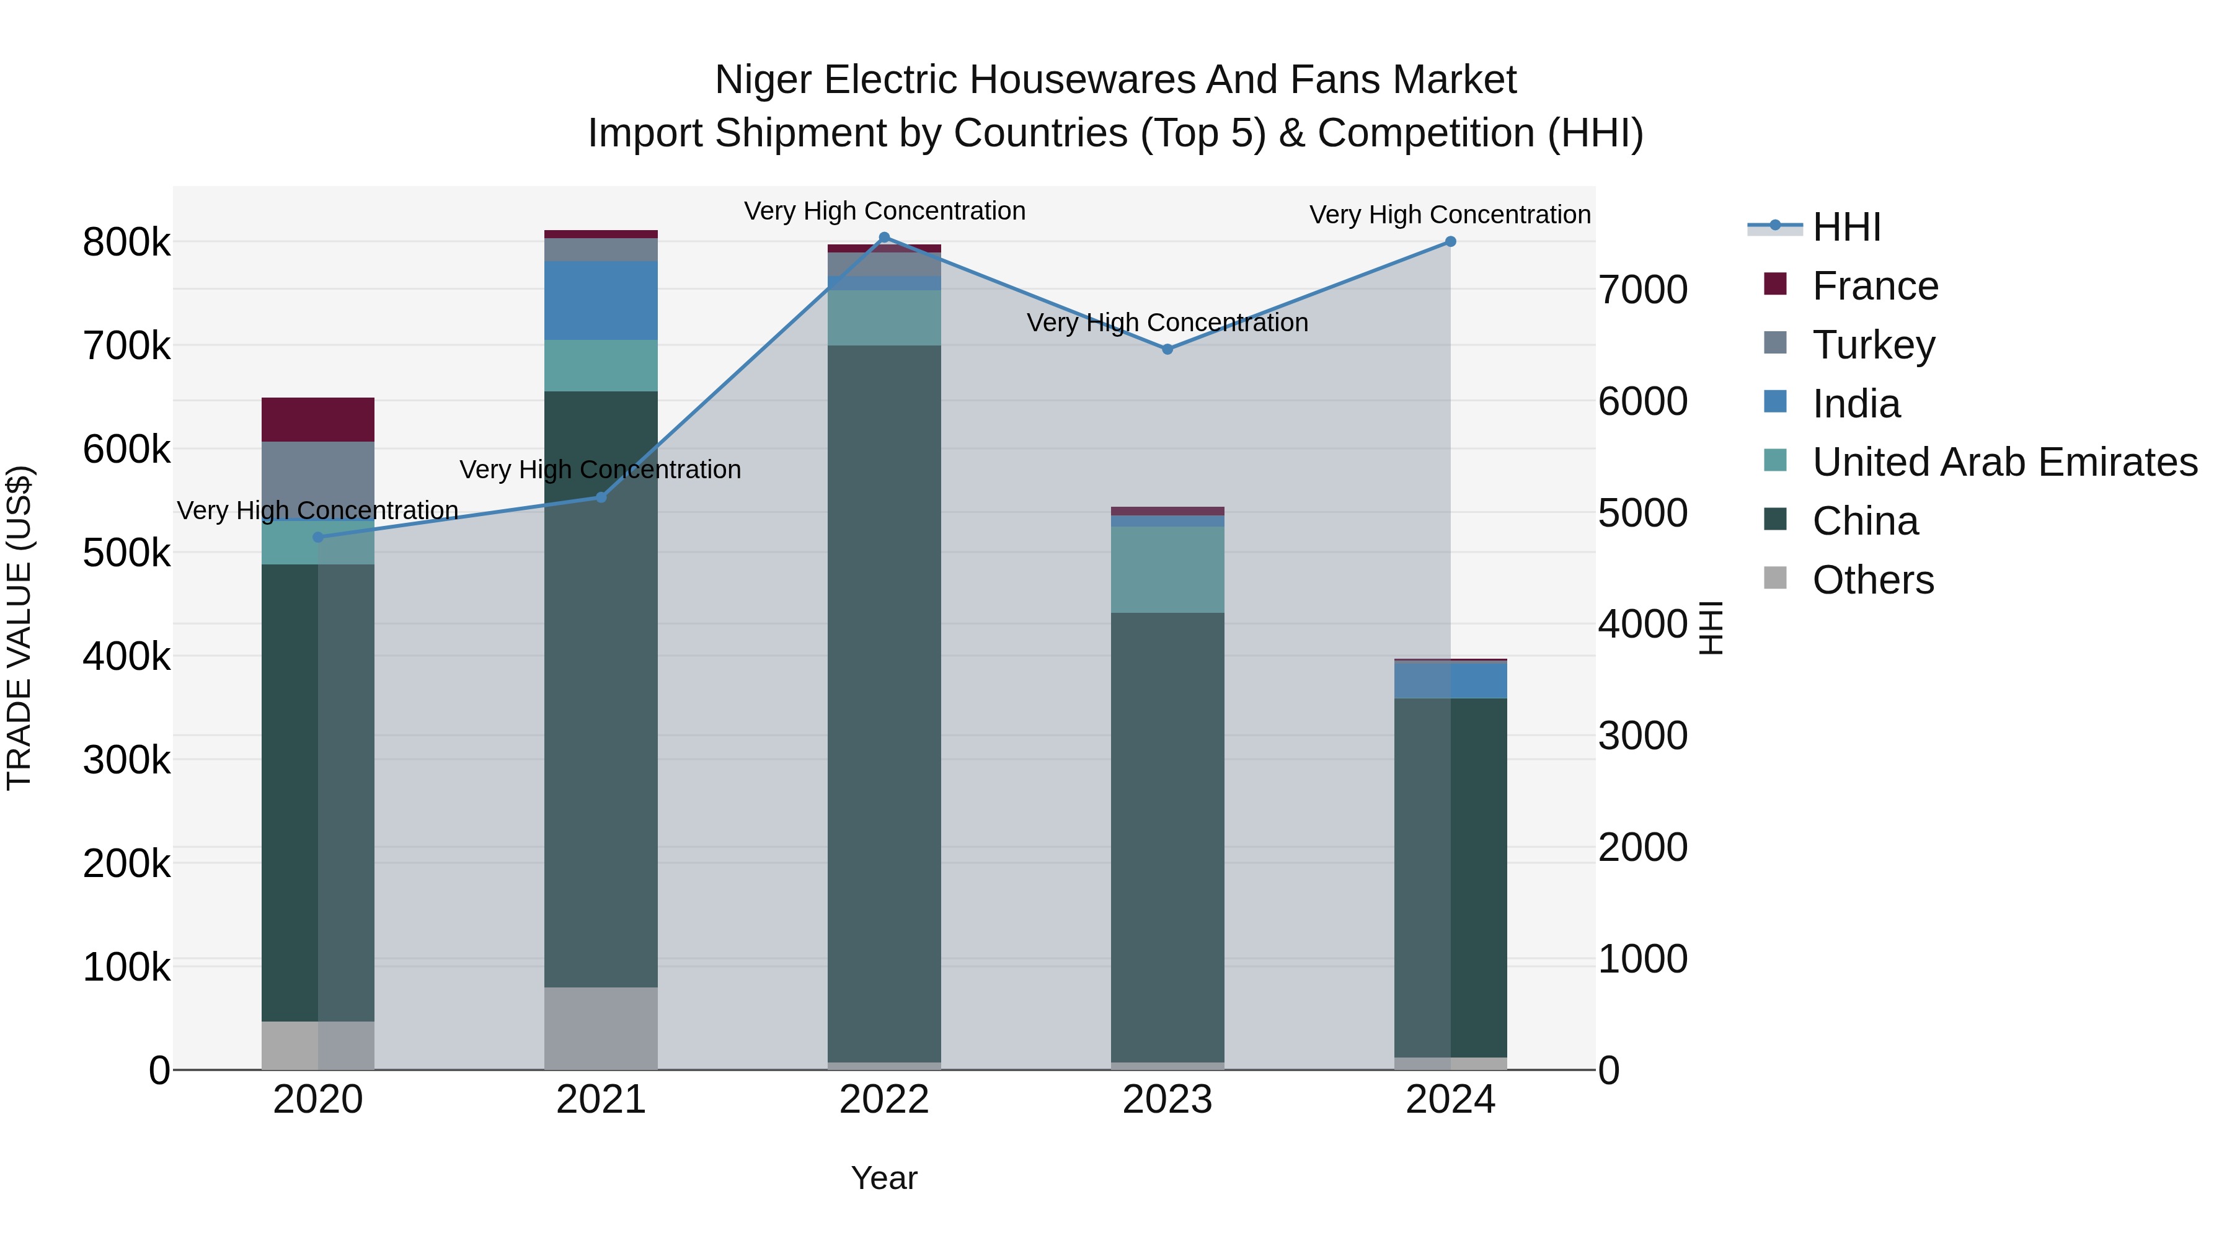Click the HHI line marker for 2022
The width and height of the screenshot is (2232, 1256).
(883, 238)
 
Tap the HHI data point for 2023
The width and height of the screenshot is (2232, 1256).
(1167, 349)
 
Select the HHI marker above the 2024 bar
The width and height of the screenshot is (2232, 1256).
(1450, 242)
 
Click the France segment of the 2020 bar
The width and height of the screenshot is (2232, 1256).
(318, 419)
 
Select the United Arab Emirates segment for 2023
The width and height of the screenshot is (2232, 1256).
(1167, 569)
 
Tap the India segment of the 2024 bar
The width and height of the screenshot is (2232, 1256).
(1450, 680)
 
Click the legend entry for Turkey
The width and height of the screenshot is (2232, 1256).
(1872, 345)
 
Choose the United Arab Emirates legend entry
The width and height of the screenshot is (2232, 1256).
(2004, 462)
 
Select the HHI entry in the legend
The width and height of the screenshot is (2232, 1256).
(1846, 227)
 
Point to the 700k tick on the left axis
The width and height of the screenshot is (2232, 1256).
(126, 347)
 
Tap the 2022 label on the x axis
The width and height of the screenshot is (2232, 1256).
(883, 1100)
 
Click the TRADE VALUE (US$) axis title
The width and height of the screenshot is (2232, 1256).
(19, 628)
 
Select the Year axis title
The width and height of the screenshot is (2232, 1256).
(883, 1178)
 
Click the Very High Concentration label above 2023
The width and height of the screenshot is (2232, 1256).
(1167, 323)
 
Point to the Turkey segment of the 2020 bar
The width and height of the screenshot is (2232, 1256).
(318, 481)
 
